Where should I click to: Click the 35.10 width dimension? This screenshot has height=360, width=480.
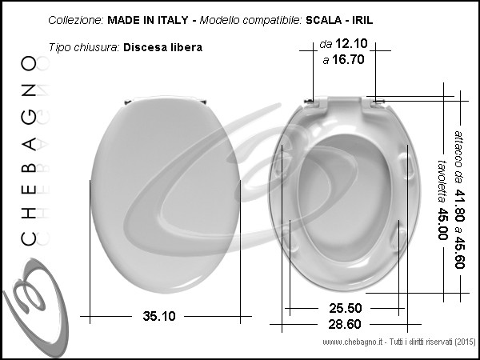click(x=159, y=316)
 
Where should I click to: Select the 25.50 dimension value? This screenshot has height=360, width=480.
click(x=346, y=308)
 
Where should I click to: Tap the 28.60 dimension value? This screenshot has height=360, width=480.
click(x=345, y=324)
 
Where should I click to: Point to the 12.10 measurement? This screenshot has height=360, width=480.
click(x=351, y=44)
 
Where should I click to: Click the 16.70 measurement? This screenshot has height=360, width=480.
click(x=348, y=60)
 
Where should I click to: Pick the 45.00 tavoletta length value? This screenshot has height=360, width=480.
click(x=442, y=224)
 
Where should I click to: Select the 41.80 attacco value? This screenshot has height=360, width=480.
click(x=459, y=206)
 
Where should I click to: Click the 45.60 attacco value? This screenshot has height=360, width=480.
click(x=459, y=252)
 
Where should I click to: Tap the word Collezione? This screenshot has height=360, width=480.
click(x=76, y=20)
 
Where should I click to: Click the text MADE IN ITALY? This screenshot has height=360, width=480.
click(x=148, y=20)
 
